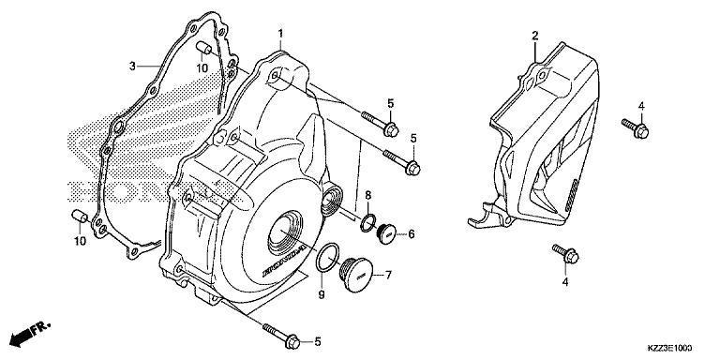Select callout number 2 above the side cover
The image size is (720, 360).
534,36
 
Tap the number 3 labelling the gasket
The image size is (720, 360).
133,66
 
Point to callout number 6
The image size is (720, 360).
411,234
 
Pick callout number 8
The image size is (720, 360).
368,196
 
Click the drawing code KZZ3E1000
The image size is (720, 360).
675,347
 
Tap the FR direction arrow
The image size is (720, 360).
28,334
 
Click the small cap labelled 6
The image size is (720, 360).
385,234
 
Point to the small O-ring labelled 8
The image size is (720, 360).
367,222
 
